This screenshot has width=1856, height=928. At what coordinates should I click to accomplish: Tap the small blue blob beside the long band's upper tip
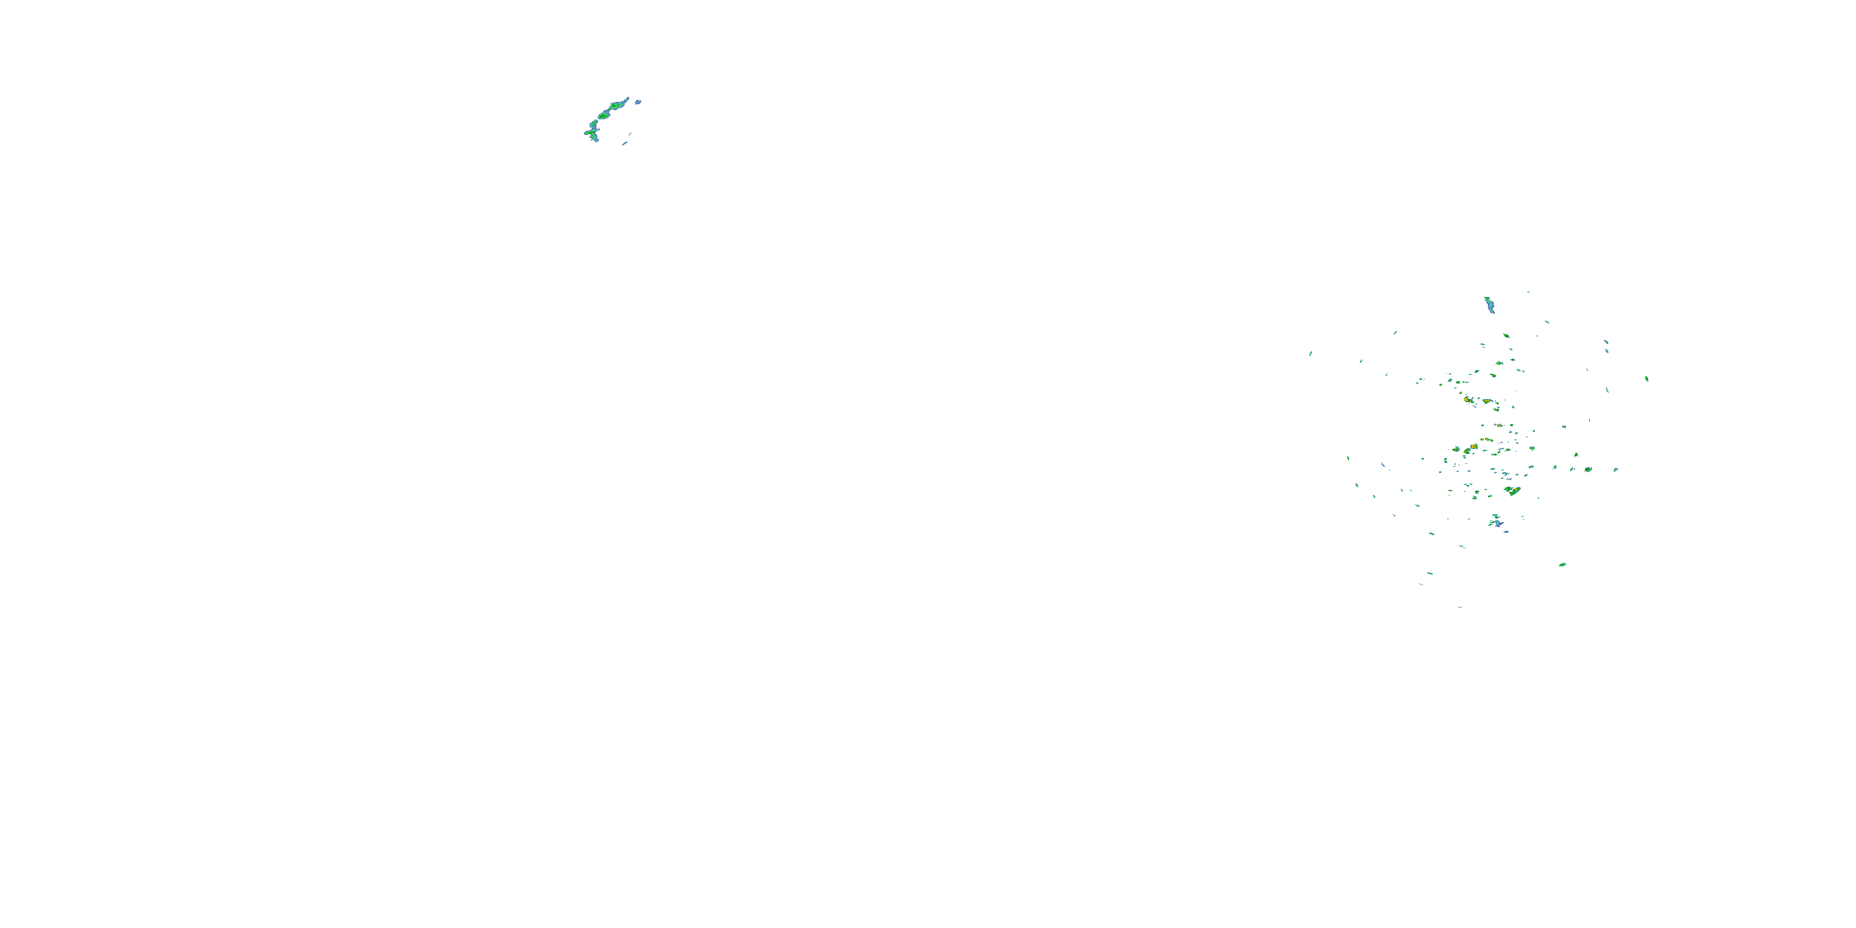[x=638, y=102]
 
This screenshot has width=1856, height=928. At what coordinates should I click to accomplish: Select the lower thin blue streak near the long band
[x=625, y=144]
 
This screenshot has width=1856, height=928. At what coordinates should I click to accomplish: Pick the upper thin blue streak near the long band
[x=630, y=134]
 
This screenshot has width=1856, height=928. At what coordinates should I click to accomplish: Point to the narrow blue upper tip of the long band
[x=626, y=99]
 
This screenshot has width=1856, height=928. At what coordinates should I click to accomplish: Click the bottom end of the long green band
[x=595, y=139]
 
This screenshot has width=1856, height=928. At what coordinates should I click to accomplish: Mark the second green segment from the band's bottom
[x=592, y=127]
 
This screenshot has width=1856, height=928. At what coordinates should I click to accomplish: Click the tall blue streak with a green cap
[x=1489, y=305]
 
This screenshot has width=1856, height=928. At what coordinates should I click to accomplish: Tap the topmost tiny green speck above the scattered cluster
[x=1527, y=292]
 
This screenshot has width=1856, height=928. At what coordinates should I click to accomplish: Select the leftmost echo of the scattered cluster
[x=1310, y=353]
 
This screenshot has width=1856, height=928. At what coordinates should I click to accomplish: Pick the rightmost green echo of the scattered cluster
[x=1646, y=378]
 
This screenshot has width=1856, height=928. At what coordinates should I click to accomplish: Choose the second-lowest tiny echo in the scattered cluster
[x=1421, y=584]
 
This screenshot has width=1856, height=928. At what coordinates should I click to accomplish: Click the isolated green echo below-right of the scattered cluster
[x=1562, y=564]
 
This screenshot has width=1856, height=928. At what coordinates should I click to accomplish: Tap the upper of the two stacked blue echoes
[x=1605, y=342]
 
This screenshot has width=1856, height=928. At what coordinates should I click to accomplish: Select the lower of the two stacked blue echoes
[x=1607, y=351]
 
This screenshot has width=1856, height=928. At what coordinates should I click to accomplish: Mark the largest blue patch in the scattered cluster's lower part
[x=1497, y=522]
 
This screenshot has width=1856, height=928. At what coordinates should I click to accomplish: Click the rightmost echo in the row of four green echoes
[x=1587, y=469]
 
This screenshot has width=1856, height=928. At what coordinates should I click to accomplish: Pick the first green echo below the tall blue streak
[x=1506, y=336]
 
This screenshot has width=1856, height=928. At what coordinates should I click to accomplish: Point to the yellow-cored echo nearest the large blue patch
[x=1512, y=491]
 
